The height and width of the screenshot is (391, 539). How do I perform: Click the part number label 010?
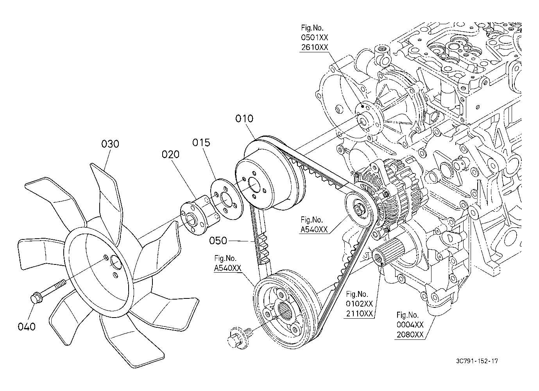[x=244, y=119]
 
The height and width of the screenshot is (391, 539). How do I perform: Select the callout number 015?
[x=201, y=143]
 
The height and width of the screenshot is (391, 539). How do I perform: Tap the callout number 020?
[x=170, y=154]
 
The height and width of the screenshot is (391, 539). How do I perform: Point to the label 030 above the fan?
[x=110, y=144]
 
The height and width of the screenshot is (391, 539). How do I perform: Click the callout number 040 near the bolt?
[x=27, y=327]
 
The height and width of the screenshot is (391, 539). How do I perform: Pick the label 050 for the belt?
[x=218, y=241]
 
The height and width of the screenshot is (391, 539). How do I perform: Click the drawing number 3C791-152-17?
[x=477, y=368]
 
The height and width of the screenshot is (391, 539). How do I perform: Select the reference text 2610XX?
[x=315, y=47]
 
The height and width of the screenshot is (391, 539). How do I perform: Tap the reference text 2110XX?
[x=360, y=314]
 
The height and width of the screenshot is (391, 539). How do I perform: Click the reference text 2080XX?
[x=410, y=334]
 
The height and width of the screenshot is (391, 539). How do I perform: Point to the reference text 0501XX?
[x=315, y=37]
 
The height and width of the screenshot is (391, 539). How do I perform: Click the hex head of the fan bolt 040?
[x=36, y=298]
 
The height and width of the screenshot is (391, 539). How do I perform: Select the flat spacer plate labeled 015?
[x=227, y=199]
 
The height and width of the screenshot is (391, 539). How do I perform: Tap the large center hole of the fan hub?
[x=116, y=262]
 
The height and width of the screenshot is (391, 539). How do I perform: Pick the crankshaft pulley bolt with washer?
[x=239, y=337]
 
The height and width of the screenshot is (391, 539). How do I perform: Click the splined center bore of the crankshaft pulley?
[x=286, y=311]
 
